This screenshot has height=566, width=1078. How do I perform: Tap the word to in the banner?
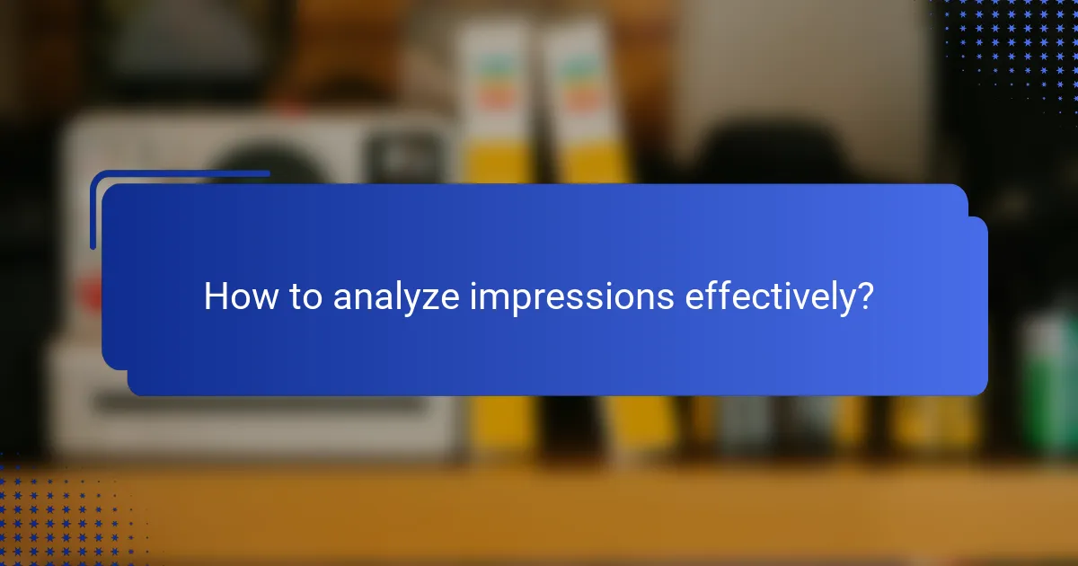coord(303,297)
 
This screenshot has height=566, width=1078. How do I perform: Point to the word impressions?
coord(571,297)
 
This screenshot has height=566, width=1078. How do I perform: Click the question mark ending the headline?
coord(864,296)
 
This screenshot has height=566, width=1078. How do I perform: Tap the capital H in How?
coord(215,296)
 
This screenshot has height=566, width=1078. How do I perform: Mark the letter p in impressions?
coord(518,301)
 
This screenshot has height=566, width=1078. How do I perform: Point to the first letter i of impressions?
coord(473,296)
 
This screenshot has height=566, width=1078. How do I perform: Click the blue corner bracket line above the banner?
coord(180,173)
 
